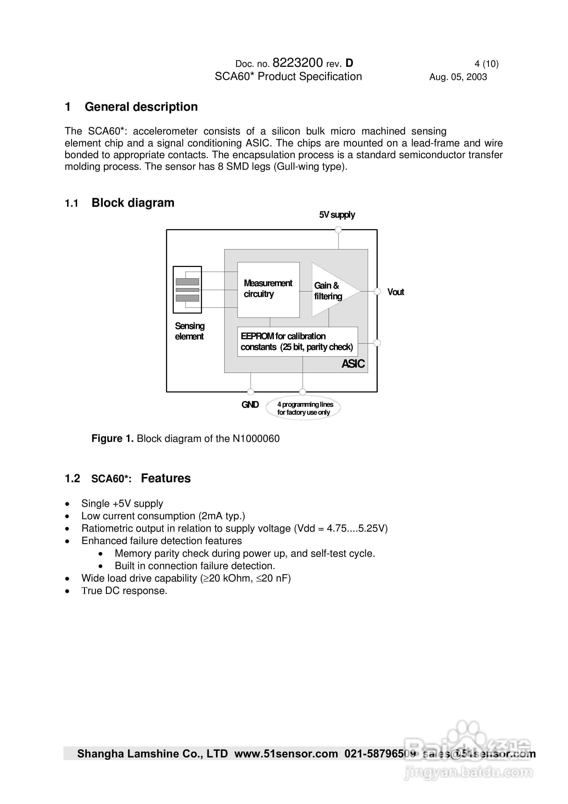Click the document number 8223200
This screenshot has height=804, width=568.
[297, 63]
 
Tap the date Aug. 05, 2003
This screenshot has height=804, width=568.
[458, 77]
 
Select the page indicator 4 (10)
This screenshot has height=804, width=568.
[486, 64]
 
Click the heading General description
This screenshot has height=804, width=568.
[141, 107]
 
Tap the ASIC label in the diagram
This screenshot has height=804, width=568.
[353, 364]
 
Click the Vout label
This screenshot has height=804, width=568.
[396, 292]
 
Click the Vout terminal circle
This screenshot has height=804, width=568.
[377, 291]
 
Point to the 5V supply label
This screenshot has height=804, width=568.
[337, 215]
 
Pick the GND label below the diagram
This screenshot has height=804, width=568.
[250, 405]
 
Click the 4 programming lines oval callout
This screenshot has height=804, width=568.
[303, 408]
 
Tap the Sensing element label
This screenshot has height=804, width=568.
[189, 331]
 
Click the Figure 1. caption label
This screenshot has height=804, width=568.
[112, 439]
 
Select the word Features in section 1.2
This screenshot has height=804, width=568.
[166, 478]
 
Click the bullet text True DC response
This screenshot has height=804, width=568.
[124, 591]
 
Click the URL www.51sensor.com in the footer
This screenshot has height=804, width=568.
[286, 754]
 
